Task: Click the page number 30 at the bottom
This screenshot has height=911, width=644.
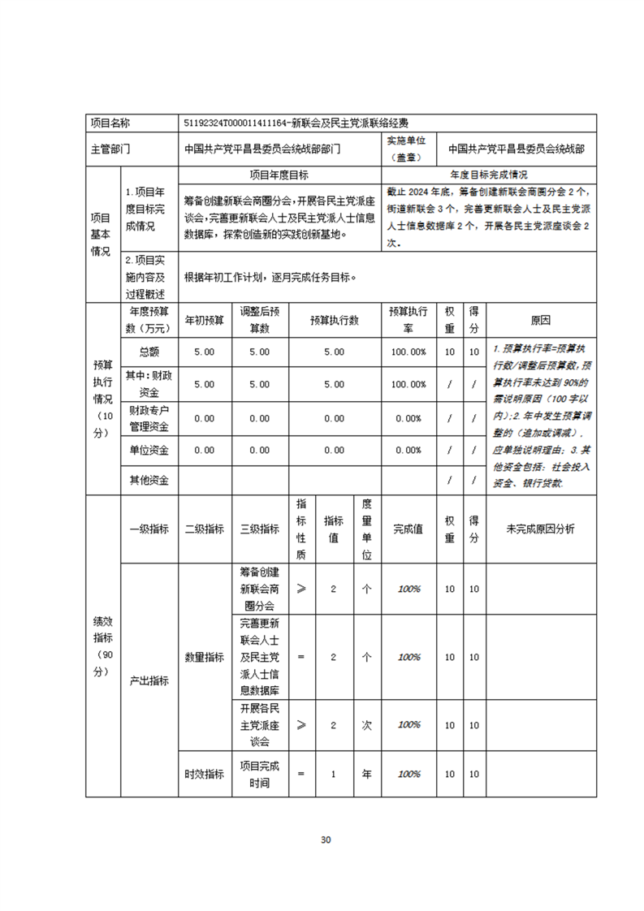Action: pyautogui.click(x=326, y=840)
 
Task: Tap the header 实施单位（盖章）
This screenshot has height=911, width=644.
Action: pyautogui.click(x=412, y=149)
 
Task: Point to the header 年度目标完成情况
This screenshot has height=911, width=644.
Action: pyautogui.click(x=489, y=175)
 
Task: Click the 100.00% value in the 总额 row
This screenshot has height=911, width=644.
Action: pyautogui.click(x=408, y=352)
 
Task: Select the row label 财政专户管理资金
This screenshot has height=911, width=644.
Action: pyautogui.click(x=149, y=418)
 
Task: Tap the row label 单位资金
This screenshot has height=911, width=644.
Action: pyautogui.click(x=149, y=450)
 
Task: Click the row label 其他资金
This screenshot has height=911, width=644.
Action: pyautogui.click(x=149, y=480)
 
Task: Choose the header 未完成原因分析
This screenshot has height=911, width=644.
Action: pyautogui.click(x=541, y=529)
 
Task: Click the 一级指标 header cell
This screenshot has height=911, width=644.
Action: pyautogui.click(x=149, y=529)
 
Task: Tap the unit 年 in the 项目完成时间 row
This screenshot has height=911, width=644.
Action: pyautogui.click(x=366, y=775)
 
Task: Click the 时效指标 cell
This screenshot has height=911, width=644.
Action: pyautogui.click(x=205, y=775)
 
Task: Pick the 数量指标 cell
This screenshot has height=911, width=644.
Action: pyautogui.click(x=205, y=657)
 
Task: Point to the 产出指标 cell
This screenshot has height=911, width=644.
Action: pyautogui.click(x=149, y=680)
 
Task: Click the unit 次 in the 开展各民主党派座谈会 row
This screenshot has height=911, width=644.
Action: pyautogui.click(x=366, y=724)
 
